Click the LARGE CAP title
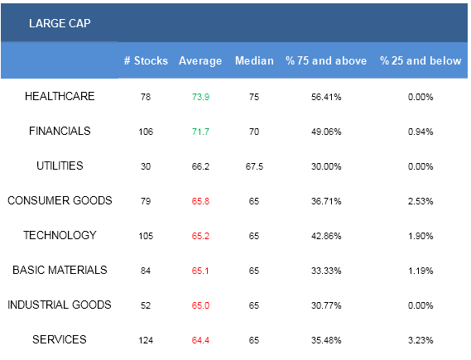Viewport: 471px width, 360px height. [60, 23]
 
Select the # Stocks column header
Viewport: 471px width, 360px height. [146, 60]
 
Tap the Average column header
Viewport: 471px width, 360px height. [200, 61]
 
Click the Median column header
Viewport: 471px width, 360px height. [254, 60]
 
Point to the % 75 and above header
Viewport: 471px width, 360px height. [326, 60]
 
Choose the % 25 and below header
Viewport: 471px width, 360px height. [421, 60]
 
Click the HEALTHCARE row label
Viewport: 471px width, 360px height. [60, 96]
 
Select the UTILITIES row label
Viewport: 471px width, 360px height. [60, 166]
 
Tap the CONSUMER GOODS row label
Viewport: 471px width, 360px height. [60, 200]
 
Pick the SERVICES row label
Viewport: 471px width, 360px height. [60, 339]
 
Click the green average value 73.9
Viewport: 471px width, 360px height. [200, 97]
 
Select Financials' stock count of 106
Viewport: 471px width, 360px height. [146, 132]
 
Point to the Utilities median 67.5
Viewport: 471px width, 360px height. [254, 166]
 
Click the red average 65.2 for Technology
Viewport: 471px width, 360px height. [200, 236]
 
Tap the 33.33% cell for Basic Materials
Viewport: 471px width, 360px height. [326, 271]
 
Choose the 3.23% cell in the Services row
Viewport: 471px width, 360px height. [421, 340]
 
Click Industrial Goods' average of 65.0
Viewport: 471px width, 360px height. [200, 305]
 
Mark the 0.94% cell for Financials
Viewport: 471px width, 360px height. [421, 132]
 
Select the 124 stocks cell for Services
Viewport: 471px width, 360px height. [146, 340]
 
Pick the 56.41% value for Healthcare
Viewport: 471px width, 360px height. [326, 97]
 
